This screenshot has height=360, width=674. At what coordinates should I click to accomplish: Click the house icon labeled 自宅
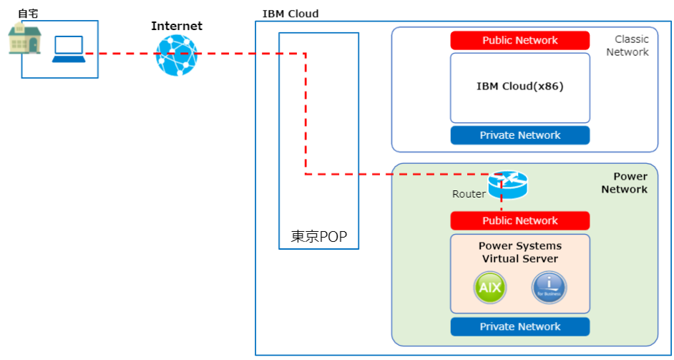25,39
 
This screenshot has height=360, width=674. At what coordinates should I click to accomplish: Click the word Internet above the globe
177,26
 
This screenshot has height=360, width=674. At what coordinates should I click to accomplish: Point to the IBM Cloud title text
290,14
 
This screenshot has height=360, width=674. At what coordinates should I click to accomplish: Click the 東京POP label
318,237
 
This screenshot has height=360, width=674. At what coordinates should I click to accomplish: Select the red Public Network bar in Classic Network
520,40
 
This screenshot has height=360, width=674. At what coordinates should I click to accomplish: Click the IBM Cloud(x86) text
520,87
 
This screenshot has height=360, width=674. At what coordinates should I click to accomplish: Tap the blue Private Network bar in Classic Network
520,135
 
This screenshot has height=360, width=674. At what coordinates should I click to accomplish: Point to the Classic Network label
630,46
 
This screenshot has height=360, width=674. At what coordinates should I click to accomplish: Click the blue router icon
507,185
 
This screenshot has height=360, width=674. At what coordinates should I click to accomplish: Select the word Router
469,194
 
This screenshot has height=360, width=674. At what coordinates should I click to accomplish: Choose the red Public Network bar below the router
520,220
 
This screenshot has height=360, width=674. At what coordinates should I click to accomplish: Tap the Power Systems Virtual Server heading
520,252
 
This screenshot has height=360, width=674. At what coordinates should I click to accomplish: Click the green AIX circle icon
490,288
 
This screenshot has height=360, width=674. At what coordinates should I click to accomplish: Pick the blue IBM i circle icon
549,288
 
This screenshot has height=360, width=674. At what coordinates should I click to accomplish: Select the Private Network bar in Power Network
520,326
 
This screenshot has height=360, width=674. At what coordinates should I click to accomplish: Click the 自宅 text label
27,13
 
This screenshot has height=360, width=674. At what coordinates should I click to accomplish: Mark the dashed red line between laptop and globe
122,54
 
